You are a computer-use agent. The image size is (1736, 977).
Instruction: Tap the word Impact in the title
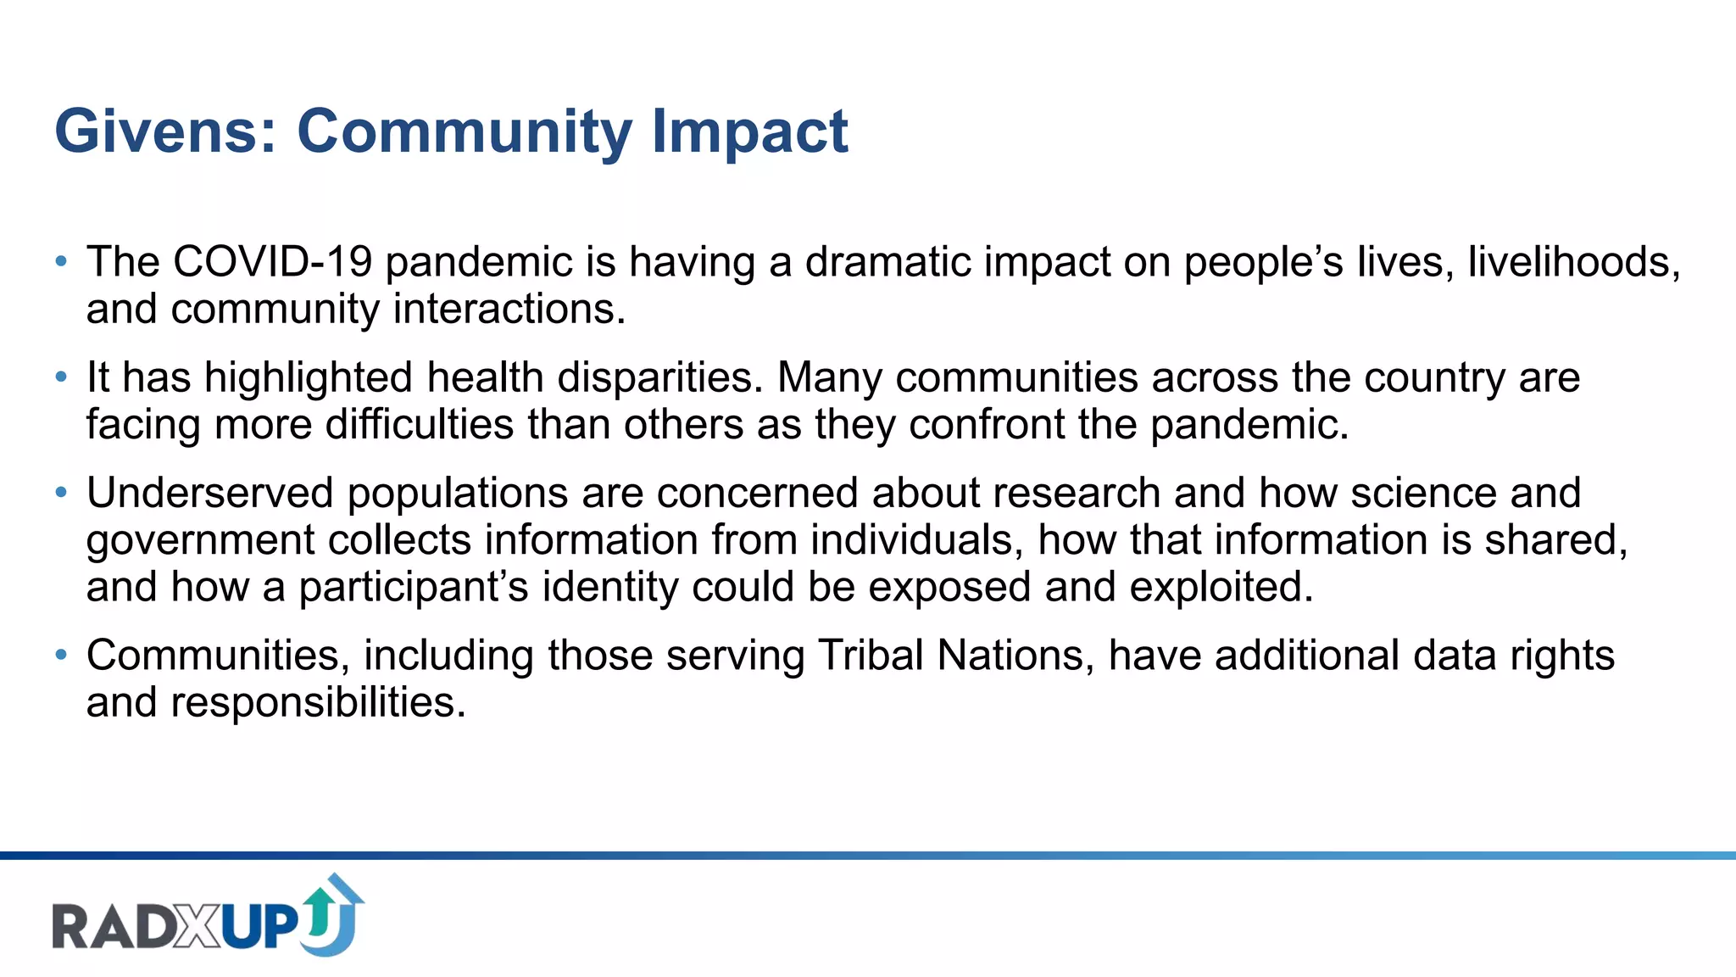749,132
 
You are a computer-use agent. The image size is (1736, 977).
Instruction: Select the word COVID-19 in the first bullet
272,262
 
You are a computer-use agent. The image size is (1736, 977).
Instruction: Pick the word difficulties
419,424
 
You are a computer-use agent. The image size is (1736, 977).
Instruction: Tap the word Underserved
210,494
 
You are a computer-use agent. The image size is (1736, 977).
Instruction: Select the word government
201,541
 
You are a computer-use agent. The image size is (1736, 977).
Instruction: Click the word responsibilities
318,703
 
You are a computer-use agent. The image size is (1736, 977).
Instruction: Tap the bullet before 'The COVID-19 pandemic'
60,261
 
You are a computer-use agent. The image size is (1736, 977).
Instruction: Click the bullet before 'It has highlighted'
60,377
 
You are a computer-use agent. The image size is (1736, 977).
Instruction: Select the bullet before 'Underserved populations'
60,493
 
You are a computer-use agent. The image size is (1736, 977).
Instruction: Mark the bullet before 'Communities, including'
60,655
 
